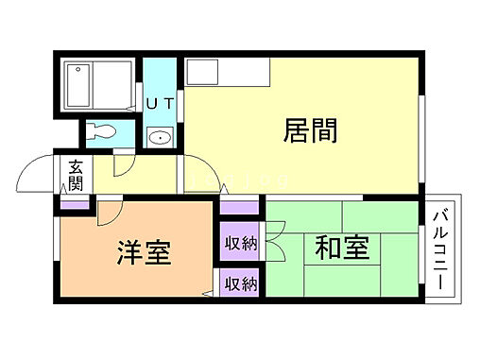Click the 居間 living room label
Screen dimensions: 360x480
[311, 130]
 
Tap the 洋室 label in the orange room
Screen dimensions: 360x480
[144, 252]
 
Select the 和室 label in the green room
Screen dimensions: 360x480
[341, 249]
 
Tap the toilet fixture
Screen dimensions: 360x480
[103, 132]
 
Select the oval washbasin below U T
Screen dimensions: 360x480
[161, 137]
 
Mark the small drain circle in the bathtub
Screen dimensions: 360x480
[75, 70]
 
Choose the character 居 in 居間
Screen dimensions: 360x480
[296, 130]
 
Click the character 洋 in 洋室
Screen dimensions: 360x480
[130, 252]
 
